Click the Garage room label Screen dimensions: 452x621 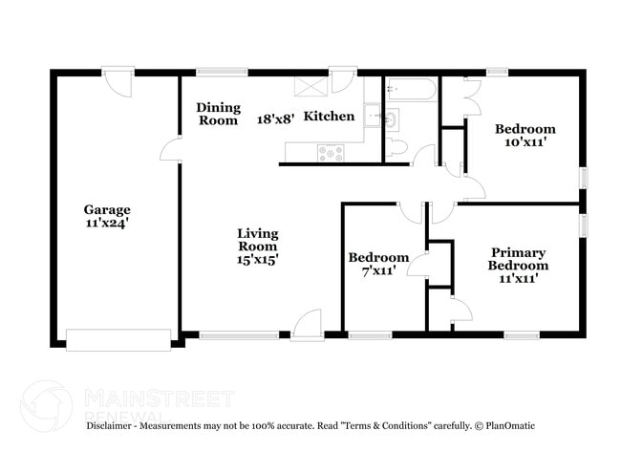click(106, 209)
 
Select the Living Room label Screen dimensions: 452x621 click(257, 238)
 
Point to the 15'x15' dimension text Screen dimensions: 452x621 click(257, 258)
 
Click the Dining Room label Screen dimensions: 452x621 click(218, 114)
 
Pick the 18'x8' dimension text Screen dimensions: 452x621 click(276, 119)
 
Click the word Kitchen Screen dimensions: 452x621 click(329, 117)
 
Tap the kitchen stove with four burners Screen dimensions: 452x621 click(332, 151)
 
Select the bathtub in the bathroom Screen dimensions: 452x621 click(412, 90)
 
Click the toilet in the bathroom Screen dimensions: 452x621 click(398, 148)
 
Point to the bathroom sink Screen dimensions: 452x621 click(391, 120)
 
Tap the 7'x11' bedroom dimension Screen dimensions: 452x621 click(378, 271)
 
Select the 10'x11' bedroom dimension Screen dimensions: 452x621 click(525, 142)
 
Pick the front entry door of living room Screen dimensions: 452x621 click(308, 327)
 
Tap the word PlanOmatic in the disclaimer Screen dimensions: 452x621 click(509, 425)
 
